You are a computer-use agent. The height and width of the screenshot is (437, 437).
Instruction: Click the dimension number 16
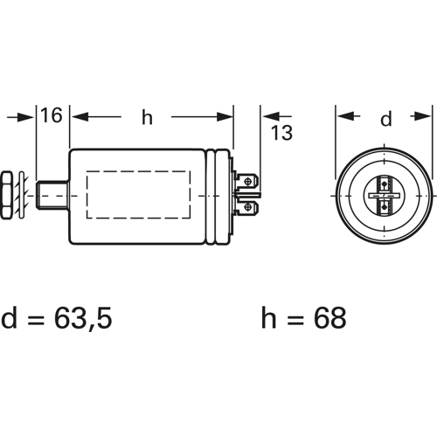(52, 115)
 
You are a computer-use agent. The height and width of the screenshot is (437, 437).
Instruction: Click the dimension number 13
(281, 133)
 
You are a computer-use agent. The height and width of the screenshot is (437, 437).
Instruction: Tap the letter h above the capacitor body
(147, 117)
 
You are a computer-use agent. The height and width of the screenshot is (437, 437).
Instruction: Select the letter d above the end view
(386, 118)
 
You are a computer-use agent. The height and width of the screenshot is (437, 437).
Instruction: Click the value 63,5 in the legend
(83, 317)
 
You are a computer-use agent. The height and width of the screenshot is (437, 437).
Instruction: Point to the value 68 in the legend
(330, 317)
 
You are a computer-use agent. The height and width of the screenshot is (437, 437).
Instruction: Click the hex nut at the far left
(6, 196)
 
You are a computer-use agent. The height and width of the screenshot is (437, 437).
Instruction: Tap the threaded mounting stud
(53, 195)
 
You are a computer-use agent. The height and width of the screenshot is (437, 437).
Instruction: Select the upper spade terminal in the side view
(246, 182)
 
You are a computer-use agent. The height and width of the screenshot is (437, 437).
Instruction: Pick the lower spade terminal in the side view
(246, 207)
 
